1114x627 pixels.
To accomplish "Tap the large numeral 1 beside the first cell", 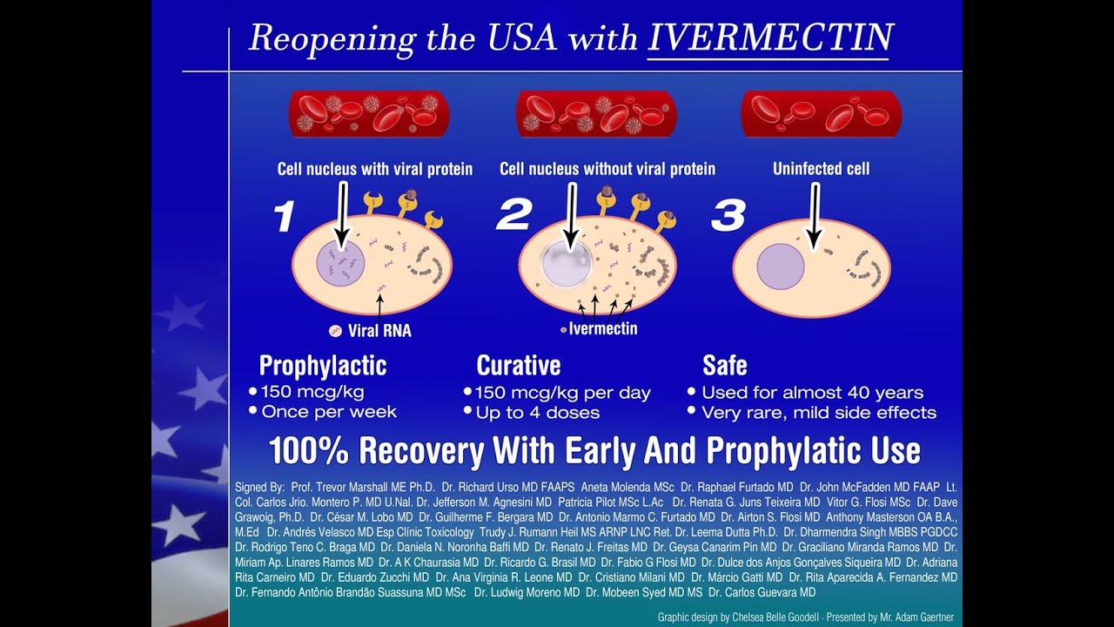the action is pyautogui.click(x=284, y=217).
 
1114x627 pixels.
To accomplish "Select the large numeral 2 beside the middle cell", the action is pyautogui.click(x=514, y=215).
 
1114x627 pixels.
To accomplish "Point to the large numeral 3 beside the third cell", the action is pyautogui.click(x=728, y=215).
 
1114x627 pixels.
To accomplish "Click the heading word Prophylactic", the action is pyautogui.click(x=323, y=366).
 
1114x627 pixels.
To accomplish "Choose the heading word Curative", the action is pyautogui.click(x=518, y=366).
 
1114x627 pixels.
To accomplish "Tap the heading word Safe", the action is pyautogui.click(x=725, y=366).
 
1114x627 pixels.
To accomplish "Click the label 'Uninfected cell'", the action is pyautogui.click(x=821, y=169).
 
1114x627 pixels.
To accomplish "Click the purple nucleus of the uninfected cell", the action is pyautogui.click(x=781, y=266).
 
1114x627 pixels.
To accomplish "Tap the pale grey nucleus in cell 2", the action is pyautogui.click(x=566, y=264).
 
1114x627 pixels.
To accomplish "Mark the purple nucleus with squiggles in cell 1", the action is pyautogui.click(x=340, y=263).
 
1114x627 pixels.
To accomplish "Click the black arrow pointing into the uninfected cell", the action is pyautogui.click(x=814, y=217).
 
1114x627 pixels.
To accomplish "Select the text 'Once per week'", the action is pyautogui.click(x=329, y=412).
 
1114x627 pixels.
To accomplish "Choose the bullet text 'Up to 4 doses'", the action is pyautogui.click(x=538, y=413).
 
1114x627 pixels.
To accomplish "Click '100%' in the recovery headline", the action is pyautogui.click(x=310, y=450).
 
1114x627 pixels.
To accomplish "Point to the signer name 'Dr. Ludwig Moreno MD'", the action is pyautogui.click(x=527, y=593).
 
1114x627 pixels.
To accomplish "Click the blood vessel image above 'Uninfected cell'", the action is pyautogui.click(x=821, y=114).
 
